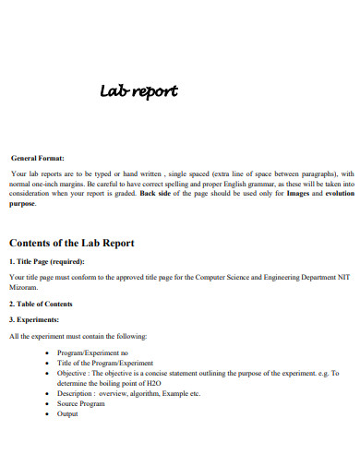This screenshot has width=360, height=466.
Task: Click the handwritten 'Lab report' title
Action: (x=138, y=91)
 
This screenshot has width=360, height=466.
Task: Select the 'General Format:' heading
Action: (x=38, y=158)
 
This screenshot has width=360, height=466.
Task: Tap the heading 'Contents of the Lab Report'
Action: (x=71, y=243)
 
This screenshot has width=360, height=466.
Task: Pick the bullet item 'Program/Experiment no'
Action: (x=93, y=353)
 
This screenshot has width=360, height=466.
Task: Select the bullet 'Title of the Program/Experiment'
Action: (x=104, y=364)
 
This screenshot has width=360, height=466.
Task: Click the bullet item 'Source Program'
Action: (x=82, y=403)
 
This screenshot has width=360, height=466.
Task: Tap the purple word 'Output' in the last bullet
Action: (x=68, y=413)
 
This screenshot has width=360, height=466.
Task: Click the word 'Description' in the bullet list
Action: (x=77, y=393)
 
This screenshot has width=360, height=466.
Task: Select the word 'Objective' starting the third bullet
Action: (x=74, y=373)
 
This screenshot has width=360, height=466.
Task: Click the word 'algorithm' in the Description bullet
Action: (x=154, y=393)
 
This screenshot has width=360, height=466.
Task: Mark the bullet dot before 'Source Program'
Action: (x=47, y=404)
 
